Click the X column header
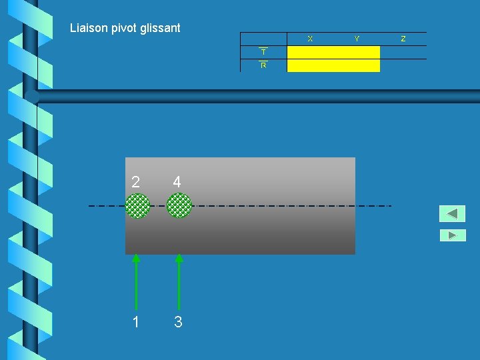tap(310, 39)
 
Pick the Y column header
tap(357, 39)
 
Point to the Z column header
tap(403, 39)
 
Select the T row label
tap(263, 52)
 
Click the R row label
tap(263, 65)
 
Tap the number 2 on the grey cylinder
tap(136, 182)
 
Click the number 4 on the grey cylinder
tap(177, 182)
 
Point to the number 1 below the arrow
tap(136, 322)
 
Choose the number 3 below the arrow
tap(178, 322)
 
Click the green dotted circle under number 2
tap(137, 205)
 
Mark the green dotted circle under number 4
tap(179, 205)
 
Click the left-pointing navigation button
tap(452, 214)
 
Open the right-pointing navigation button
tap(453, 235)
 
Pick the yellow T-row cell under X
tap(310, 53)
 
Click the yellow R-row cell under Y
tap(357, 65)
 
